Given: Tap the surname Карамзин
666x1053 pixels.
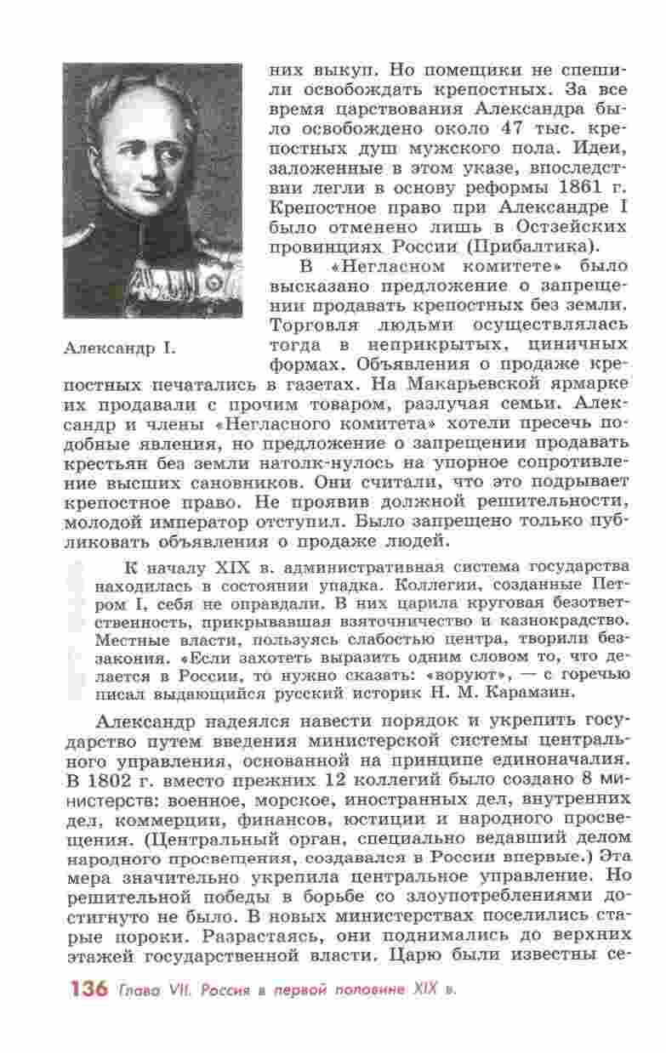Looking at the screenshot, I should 532,691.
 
